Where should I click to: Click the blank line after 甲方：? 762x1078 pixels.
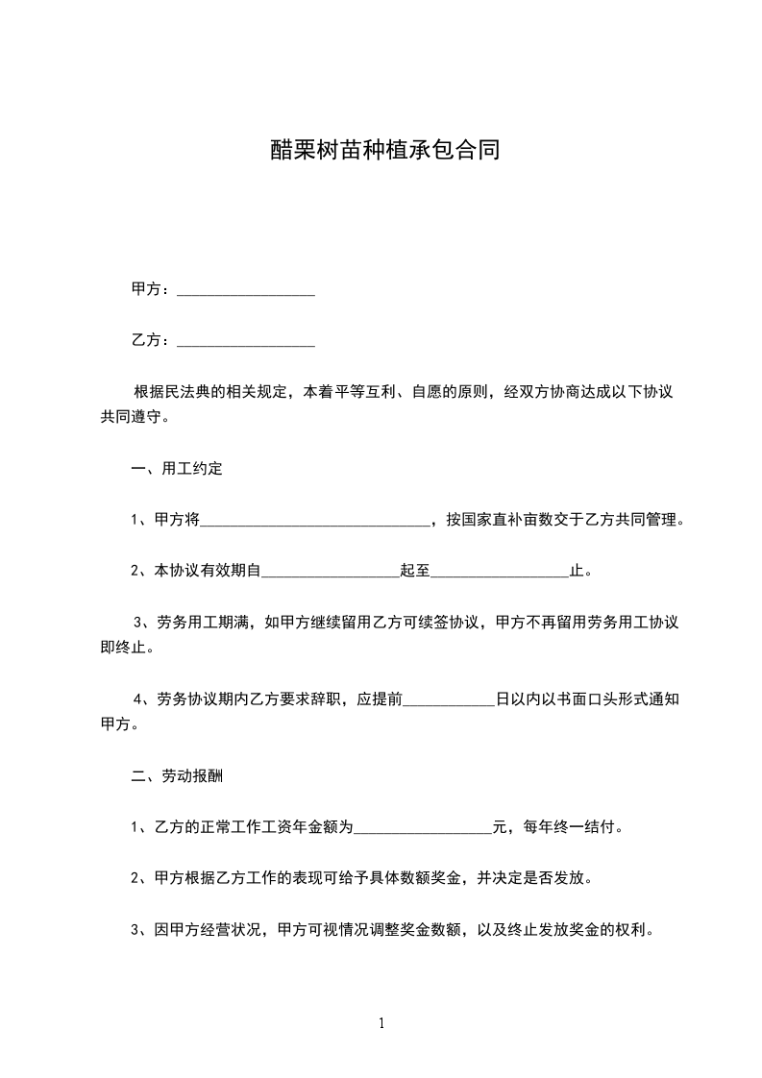pyautogui.click(x=246, y=288)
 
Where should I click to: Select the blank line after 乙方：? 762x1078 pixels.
pyautogui.click(x=246, y=340)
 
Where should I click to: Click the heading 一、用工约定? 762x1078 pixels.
pyautogui.click(x=177, y=470)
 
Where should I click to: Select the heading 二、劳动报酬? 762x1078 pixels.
pyautogui.click(x=177, y=775)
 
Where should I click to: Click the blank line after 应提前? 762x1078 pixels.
pyautogui.click(x=448, y=699)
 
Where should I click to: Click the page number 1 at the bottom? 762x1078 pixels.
pyautogui.click(x=381, y=1023)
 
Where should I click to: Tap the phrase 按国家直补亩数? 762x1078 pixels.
pyautogui.click(x=500, y=521)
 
